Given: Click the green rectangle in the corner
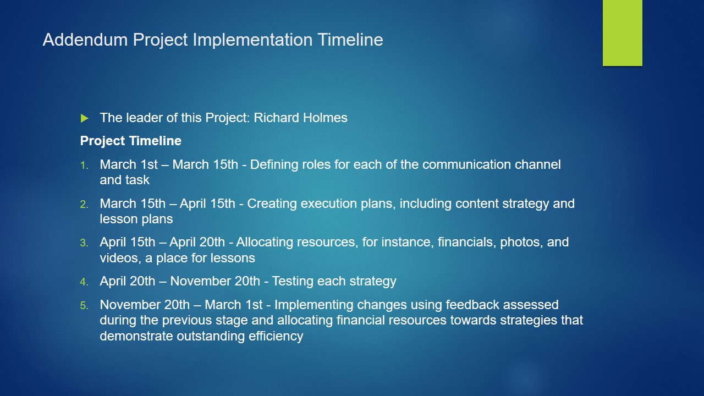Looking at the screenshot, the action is (x=622, y=32).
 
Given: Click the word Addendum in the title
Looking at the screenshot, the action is (x=85, y=40).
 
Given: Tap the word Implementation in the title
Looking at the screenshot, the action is (x=252, y=40).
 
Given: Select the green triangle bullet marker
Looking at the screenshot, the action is (x=84, y=118).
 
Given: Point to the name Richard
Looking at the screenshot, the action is (x=276, y=118).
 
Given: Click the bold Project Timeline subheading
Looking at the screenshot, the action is (x=131, y=141).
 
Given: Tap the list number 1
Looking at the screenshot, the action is (x=84, y=166).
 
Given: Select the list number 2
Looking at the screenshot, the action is (x=84, y=204).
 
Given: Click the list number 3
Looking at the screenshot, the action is (x=84, y=243).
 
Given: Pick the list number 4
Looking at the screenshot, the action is (x=84, y=282).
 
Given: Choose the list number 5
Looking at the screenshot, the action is (x=84, y=305).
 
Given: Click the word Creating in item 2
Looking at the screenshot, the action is (x=272, y=204).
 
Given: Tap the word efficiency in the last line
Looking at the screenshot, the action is (x=276, y=336).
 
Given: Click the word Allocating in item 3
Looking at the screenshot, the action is (x=263, y=243).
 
